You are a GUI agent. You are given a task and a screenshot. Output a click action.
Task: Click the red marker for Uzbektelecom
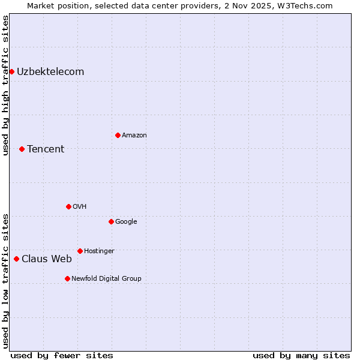(11, 72)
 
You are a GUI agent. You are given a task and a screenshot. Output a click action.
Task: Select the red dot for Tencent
(22, 149)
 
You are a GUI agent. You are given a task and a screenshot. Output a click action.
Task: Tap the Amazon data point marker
(118, 135)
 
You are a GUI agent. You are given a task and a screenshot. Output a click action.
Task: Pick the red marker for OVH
(68, 206)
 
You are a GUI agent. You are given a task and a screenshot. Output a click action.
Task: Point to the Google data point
(111, 221)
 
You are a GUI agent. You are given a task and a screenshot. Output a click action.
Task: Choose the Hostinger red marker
(80, 251)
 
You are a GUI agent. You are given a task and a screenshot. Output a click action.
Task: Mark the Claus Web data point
(16, 259)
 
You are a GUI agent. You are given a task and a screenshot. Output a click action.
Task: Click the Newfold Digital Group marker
(67, 278)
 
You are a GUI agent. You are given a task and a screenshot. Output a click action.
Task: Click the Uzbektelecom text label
(50, 72)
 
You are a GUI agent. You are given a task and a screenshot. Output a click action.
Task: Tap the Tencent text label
(46, 149)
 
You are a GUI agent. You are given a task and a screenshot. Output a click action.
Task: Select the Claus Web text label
(47, 259)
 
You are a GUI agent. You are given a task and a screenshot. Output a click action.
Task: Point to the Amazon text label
(134, 135)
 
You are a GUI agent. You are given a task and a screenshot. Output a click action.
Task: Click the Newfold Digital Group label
(107, 278)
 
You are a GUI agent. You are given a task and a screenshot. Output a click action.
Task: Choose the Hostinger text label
(99, 251)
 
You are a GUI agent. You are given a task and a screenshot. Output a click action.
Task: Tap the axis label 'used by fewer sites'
(62, 355)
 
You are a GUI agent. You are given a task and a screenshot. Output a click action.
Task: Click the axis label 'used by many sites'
(301, 355)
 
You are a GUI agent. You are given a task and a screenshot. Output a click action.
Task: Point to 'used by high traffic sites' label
(5, 85)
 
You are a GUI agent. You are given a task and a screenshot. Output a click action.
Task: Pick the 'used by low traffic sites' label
(5, 280)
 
